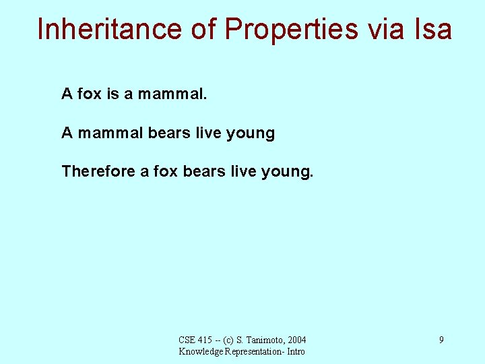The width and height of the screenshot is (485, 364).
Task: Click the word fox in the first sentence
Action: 90,94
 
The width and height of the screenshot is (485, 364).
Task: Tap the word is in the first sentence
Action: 112,94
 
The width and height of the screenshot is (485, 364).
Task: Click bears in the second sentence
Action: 169,133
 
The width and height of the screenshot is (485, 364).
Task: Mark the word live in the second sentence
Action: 208,133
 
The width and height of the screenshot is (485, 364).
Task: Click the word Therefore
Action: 98,171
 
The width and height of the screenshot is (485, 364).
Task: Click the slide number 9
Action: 441,340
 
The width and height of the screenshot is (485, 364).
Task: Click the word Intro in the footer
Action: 294,351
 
